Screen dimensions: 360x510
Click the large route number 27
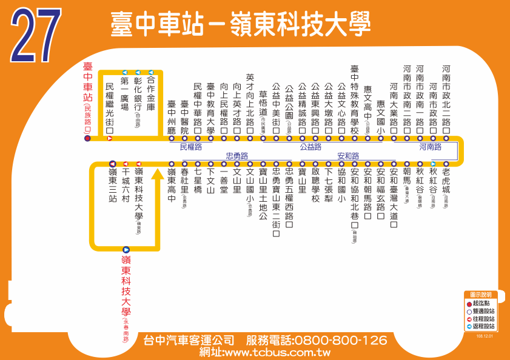36,36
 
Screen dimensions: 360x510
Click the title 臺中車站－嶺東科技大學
240,25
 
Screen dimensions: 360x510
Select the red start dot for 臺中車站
87,139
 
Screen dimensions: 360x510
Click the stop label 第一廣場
124,95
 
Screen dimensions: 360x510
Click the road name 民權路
191,147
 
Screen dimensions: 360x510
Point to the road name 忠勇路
237,156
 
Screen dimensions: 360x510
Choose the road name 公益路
310,147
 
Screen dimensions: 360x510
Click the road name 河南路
430,147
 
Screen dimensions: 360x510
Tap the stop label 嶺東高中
172,185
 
